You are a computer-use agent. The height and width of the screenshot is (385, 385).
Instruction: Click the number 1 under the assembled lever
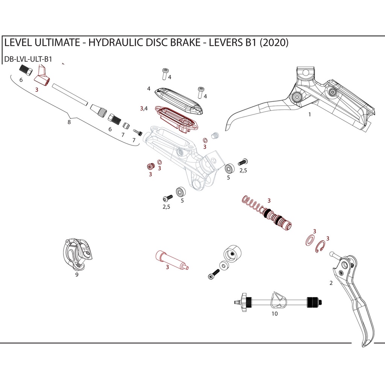pos(309,115)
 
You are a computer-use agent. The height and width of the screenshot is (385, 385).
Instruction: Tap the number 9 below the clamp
pos(77,275)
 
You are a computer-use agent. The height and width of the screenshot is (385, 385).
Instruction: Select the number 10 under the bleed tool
pos(274,314)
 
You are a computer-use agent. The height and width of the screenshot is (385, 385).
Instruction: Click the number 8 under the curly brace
pos(69,122)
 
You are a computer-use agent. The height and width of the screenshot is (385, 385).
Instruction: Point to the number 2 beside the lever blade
pos(331,283)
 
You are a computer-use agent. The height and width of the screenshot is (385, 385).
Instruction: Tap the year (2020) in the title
pos(274,43)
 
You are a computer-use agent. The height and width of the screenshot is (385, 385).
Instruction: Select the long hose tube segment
pos(70,94)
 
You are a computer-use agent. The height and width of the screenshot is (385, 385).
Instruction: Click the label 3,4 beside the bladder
pos(144,108)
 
